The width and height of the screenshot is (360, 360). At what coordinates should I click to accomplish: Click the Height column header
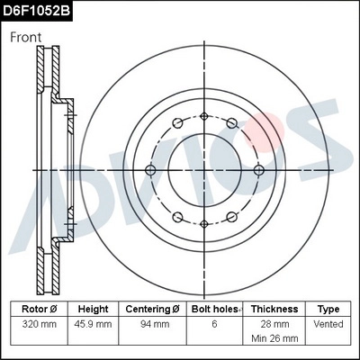click(x=93, y=309)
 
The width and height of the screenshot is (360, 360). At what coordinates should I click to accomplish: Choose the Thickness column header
click(x=274, y=309)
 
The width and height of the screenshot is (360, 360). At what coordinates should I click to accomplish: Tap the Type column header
click(x=328, y=309)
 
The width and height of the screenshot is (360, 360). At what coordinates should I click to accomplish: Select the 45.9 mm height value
click(x=93, y=323)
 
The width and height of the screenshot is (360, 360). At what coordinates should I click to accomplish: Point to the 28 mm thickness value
click(x=274, y=323)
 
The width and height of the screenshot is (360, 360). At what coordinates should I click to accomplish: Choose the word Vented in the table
click(x=328, y=323)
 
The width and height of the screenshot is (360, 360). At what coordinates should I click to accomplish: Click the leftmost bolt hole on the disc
click(x=150, y=169)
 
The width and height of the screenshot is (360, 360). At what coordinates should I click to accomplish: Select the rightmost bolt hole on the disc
click(x=259, y=169)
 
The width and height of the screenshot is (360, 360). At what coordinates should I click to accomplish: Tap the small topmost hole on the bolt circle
click(x=204, y=114)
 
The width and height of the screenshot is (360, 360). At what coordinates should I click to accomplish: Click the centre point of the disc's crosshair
click(x=204, y=169)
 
